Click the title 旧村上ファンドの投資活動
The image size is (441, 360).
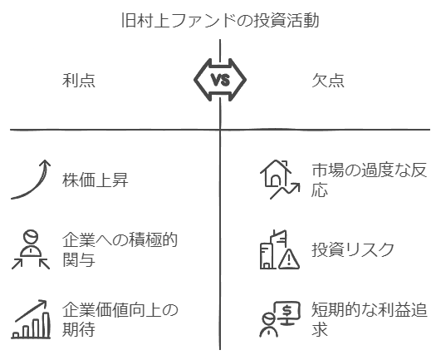220,20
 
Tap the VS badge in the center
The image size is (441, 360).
220,80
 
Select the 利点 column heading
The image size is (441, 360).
79,81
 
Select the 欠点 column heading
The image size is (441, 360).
328,81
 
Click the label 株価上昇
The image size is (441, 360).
95,180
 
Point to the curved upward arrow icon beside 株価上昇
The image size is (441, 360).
31,180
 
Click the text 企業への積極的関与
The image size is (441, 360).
120,249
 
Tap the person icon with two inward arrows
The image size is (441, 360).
31,249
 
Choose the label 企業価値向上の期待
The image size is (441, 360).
120,319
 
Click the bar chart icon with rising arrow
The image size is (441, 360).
31,319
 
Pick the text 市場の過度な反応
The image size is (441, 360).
369,180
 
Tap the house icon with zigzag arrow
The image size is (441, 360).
280,180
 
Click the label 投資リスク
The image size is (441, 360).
353,249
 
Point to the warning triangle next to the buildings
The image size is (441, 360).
289,259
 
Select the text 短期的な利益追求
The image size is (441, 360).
369,319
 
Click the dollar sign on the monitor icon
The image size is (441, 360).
287,310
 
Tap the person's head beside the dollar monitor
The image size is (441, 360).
268,319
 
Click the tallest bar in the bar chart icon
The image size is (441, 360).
47,324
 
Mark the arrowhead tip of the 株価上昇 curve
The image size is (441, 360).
45,160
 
